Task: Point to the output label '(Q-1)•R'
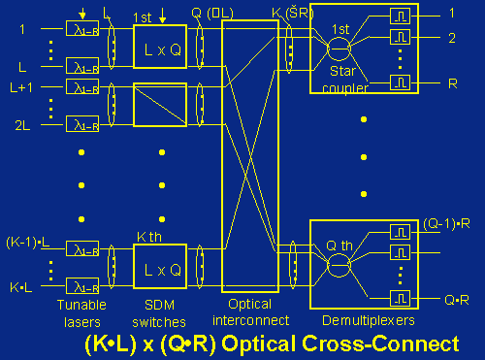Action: tap(447, 224)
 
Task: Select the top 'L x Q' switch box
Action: tap(162, 46)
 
